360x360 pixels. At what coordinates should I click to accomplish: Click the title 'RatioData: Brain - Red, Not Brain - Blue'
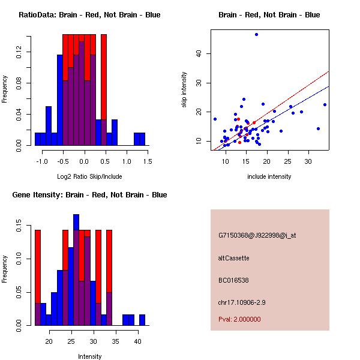[89, 15]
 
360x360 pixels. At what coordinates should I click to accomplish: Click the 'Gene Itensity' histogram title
[89, 195]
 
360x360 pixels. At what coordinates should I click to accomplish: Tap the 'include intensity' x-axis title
[269, 176]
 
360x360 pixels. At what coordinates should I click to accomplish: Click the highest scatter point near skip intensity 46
[256, 35]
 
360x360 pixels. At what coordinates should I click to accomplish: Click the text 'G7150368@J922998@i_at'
[257, 235]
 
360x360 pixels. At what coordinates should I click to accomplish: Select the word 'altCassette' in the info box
[233, 258]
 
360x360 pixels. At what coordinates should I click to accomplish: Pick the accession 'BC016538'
[233, 280]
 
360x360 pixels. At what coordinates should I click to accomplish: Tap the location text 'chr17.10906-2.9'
[241, 302]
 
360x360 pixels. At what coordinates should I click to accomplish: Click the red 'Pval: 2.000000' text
[239, 319]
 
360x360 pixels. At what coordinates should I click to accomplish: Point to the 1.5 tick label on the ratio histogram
[148, 161]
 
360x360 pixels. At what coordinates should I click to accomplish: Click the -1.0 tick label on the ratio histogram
[41, 161]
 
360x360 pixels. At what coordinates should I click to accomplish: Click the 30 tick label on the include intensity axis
[308, 161]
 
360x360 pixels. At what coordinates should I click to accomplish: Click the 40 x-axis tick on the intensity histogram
[137, 341]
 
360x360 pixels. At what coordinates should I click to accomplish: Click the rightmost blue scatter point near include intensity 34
[325, 104]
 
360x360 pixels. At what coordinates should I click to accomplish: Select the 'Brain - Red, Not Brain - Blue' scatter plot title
[269, 15]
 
